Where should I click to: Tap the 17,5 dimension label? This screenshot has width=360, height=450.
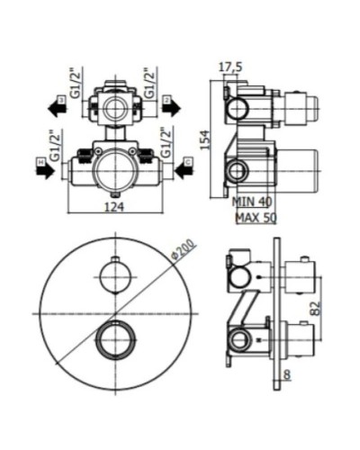232,66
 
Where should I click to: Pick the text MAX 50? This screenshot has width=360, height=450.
255,217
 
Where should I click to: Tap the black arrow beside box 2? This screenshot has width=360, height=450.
170,107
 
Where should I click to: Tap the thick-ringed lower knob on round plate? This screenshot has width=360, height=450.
112,339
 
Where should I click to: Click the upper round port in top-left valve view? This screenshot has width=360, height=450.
112,107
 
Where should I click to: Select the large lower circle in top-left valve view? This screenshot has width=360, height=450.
112,167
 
